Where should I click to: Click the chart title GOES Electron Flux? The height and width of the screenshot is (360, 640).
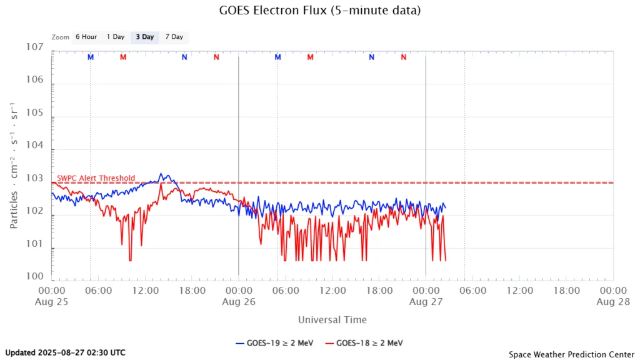point(319,11)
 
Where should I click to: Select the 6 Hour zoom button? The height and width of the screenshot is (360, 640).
point(86,37)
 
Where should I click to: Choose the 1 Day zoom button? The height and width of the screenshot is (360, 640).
point(116,37)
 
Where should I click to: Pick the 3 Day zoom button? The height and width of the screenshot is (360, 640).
point(144,37)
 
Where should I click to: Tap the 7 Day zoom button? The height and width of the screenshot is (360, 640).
point(174,37)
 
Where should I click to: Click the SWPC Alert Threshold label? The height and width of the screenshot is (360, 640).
point(96,178)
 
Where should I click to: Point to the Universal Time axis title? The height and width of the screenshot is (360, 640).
point(332,319)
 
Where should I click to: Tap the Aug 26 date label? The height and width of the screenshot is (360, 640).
point(238,301)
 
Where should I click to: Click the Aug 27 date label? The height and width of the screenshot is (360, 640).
point(426,301)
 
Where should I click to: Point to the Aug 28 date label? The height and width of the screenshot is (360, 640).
point(612,301)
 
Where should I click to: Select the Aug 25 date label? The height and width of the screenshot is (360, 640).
point(52,301)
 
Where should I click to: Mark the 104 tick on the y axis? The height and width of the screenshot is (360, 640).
point(34,146)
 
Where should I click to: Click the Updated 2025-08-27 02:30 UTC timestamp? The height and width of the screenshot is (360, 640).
point(65,352)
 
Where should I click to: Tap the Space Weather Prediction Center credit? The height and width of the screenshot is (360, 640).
point(571,354)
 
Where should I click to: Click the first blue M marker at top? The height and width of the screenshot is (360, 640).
point(91,57)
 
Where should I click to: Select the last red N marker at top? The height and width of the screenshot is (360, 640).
point(404,57)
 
